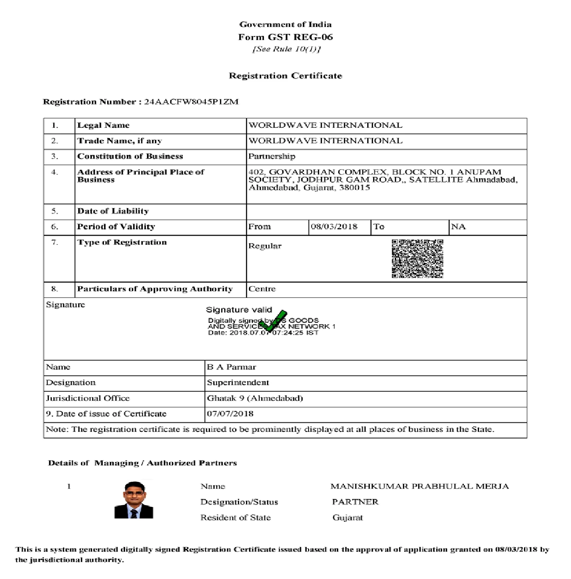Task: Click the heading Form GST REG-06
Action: (285, 37)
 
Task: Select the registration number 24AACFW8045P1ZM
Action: (191, 102)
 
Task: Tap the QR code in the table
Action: (417, 258)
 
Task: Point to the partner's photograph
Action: (134, 500)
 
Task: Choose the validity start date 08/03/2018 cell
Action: (334, 227)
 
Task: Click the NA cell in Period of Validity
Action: (458, 227)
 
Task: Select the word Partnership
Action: (272, 157)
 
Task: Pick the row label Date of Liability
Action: (113, 211)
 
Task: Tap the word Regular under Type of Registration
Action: (265, 246)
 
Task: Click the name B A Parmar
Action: (231, 367)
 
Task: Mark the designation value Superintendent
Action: (238, 383)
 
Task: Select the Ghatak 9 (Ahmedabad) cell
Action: (255, 398)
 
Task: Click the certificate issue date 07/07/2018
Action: (230, 414)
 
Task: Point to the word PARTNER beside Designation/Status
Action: (355, 502)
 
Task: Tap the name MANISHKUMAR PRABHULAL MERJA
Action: (420, 487)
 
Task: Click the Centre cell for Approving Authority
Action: (262, 289)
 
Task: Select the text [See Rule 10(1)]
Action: (287, 49)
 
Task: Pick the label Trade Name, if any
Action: (120, 141)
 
